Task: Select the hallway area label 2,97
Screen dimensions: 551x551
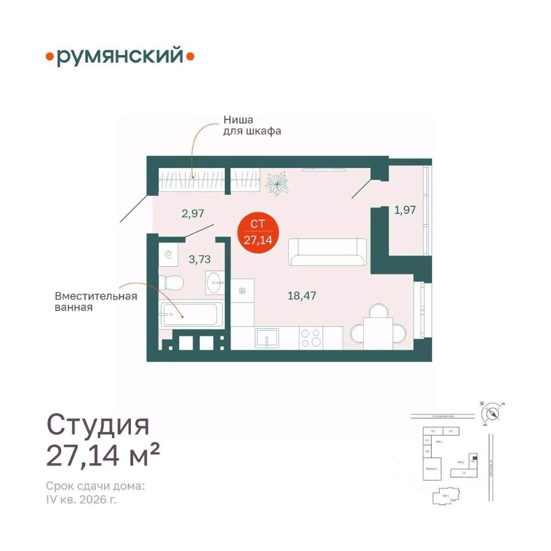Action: click(193, 214)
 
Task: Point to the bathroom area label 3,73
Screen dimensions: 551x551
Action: click(200, 259)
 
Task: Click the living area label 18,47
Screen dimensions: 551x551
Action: click(302, 296)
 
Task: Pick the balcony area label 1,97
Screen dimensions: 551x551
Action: click(404, 209)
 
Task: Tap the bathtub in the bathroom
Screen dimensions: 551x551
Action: click(190, 314)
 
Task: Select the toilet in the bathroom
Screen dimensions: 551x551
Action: click(172, 282)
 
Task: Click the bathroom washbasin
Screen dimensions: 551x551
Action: click(216, 282)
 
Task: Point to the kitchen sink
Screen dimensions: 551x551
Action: click(267, 337)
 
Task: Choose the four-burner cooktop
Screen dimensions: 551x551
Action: click(311, 337)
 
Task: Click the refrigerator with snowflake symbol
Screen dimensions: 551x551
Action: click(242, 291)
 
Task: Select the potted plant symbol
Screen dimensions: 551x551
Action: click(278, 183)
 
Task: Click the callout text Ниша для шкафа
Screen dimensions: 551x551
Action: click(251, 126)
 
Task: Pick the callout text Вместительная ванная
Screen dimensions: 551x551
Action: click(96, 301)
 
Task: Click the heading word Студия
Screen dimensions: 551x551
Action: click(98, 426)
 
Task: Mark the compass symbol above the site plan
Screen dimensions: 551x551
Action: click(492, 413)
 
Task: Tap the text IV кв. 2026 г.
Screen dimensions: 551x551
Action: click(83, 499)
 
